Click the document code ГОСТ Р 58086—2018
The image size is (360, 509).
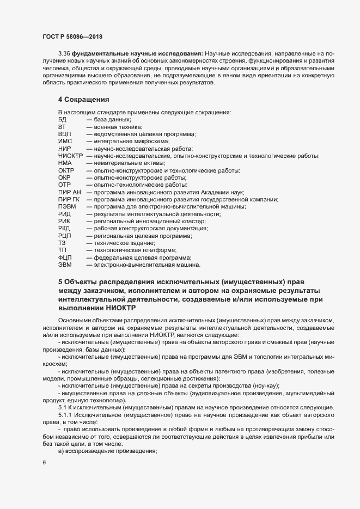coord(72,37)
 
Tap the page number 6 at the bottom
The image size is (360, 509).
coord(43,463)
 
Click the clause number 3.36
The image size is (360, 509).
coord(65,53)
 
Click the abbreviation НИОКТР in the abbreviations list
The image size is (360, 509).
coord(70,156)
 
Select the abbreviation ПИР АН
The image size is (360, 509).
coord(69,192)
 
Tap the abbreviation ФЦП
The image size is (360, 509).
coord(65,257)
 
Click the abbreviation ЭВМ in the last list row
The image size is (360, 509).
coord(64,265)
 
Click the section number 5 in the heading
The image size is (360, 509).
coord(60,282)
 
